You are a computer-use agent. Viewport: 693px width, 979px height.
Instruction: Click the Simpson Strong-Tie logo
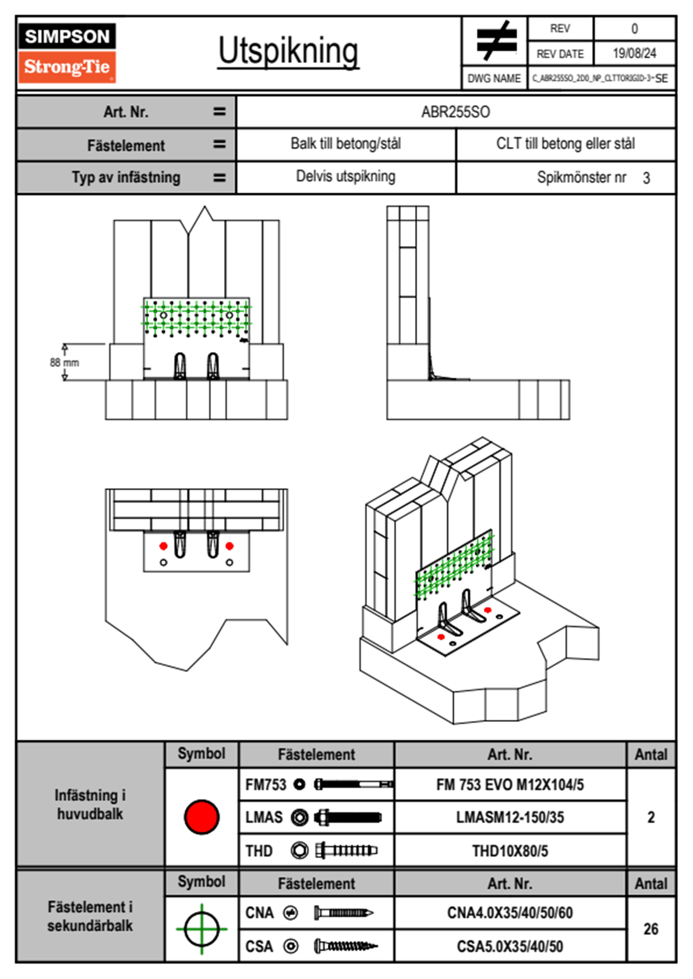coord(67,52)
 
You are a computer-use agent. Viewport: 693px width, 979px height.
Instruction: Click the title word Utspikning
coord(288,51)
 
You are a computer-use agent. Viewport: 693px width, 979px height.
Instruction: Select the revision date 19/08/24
coord(634,54)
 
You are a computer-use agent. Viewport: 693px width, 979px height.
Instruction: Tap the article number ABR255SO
coord(455,112)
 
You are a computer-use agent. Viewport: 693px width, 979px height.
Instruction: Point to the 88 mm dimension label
coord(64,363)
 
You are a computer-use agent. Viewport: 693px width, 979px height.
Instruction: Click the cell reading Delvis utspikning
coord(345,176)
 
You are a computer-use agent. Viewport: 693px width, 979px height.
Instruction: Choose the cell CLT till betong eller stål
coord(565,144)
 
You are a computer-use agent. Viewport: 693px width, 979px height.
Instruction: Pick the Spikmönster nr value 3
coord(646,178)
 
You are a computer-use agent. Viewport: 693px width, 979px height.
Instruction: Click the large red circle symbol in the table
coord(201,817)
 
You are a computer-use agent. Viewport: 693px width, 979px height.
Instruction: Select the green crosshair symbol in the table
coord(201,929)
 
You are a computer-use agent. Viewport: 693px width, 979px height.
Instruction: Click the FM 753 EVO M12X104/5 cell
coord(510,785)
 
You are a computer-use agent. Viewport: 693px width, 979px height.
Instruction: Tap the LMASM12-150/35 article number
coord(510,817)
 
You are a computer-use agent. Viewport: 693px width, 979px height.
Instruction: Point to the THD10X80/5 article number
coord(510,851)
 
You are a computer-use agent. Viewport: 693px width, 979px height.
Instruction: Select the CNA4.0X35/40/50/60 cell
coord(510,913)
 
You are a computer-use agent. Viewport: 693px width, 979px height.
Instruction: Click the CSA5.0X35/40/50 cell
coord(510,946)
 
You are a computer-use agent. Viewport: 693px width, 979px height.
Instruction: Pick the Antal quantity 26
coord(650,929)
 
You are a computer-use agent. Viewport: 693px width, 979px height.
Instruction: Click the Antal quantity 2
coord(650,817)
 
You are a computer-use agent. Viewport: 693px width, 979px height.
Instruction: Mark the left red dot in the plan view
coord(164,546)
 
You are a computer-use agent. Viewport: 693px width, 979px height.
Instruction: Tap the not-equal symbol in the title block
coord(495,41)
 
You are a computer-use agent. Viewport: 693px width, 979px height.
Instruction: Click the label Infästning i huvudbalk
coord(90,804)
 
